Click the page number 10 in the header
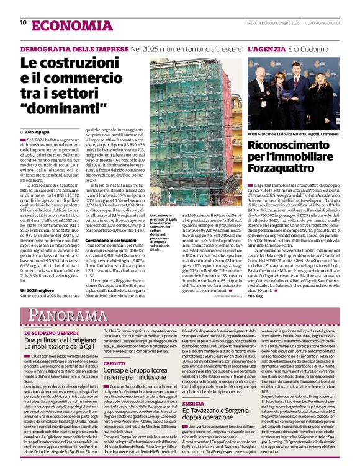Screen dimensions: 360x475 tap(23, 23)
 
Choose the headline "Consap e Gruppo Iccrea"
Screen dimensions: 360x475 tap(143, 371)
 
